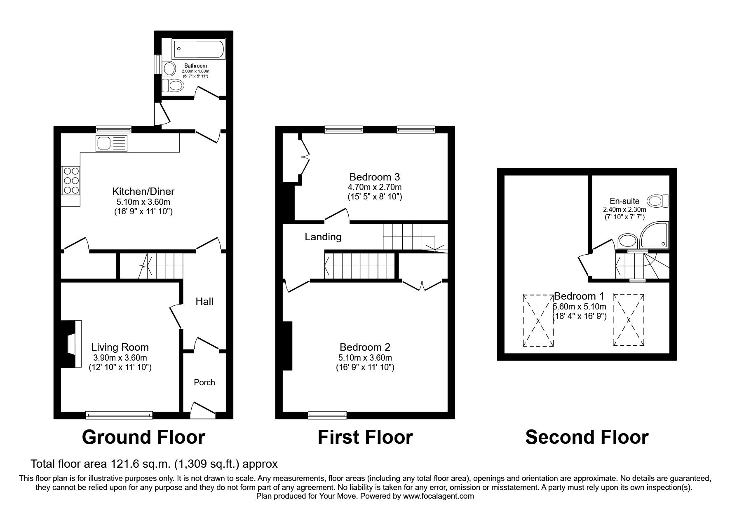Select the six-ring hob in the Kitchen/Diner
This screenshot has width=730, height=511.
pos(70,180)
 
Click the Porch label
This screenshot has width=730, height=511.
pos(204,382)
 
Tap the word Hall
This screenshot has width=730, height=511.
pos(204,302)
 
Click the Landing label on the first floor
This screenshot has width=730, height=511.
pos(323,237)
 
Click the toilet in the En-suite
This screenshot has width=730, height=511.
pos(659,202)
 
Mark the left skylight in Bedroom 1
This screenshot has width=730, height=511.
pos(538,321)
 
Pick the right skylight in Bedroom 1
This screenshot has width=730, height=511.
pos(629,320)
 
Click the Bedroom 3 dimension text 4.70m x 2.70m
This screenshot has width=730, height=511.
pos(375,187)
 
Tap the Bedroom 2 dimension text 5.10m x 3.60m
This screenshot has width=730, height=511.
pos(365,358)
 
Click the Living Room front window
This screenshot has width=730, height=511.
pos(119,415)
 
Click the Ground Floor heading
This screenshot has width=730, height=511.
pos(143,437)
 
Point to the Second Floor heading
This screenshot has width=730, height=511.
pos(587,437)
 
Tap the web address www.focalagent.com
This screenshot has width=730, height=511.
pos(439,496)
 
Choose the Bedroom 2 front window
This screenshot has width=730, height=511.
pos(327,415)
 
